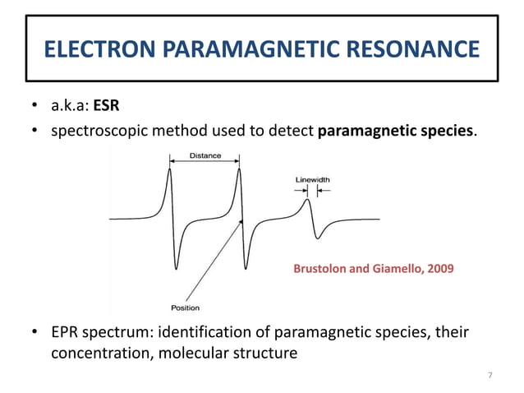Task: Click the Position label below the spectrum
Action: click(185, 307)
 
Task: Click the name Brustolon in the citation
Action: click(322, 268)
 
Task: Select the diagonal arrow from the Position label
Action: click(215, 259)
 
